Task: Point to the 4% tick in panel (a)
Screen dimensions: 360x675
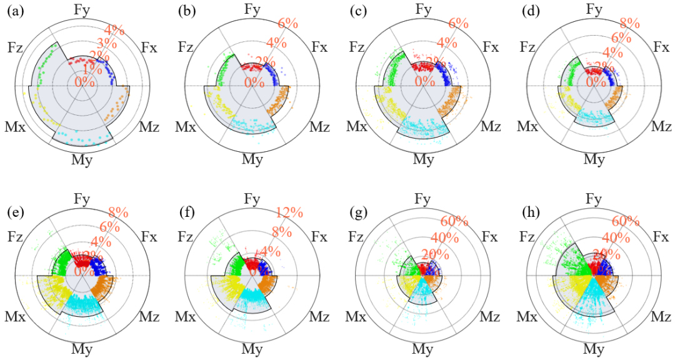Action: [x=114, y=29]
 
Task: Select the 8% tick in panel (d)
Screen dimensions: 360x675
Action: [x=629, y=24]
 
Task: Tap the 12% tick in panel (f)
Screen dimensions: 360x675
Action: [x=288, y=214]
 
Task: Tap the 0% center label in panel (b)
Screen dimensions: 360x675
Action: [x=254, y=82]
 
